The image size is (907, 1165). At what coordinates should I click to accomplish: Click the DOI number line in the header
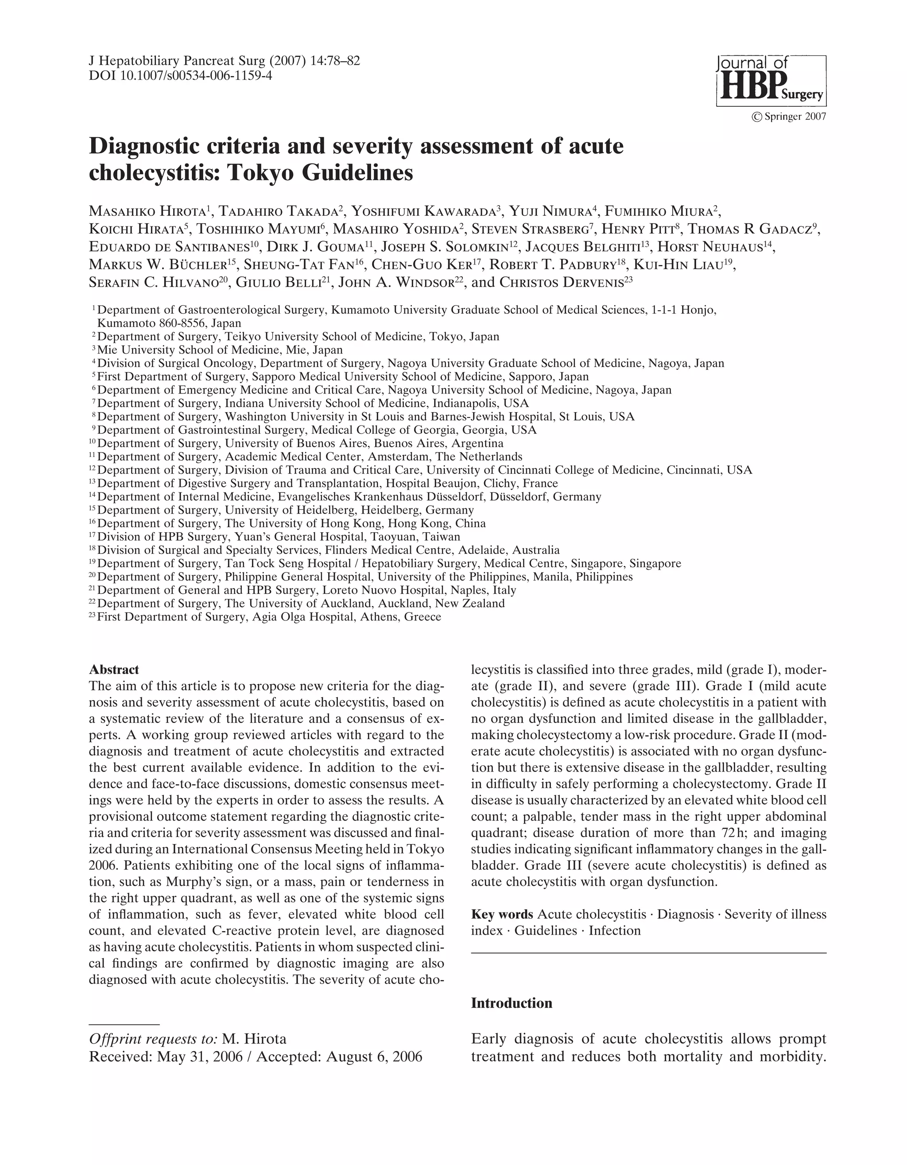[180, 75]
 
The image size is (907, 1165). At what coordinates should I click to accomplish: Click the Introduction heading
[512, 1003]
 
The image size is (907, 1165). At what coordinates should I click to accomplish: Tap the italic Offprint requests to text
[153, 1039]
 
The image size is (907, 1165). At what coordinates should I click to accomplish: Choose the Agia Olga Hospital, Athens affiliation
[269, 617]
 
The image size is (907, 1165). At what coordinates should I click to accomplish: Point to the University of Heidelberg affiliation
[285, 510]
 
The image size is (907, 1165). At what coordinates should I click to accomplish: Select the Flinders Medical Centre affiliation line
[328, 550]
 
